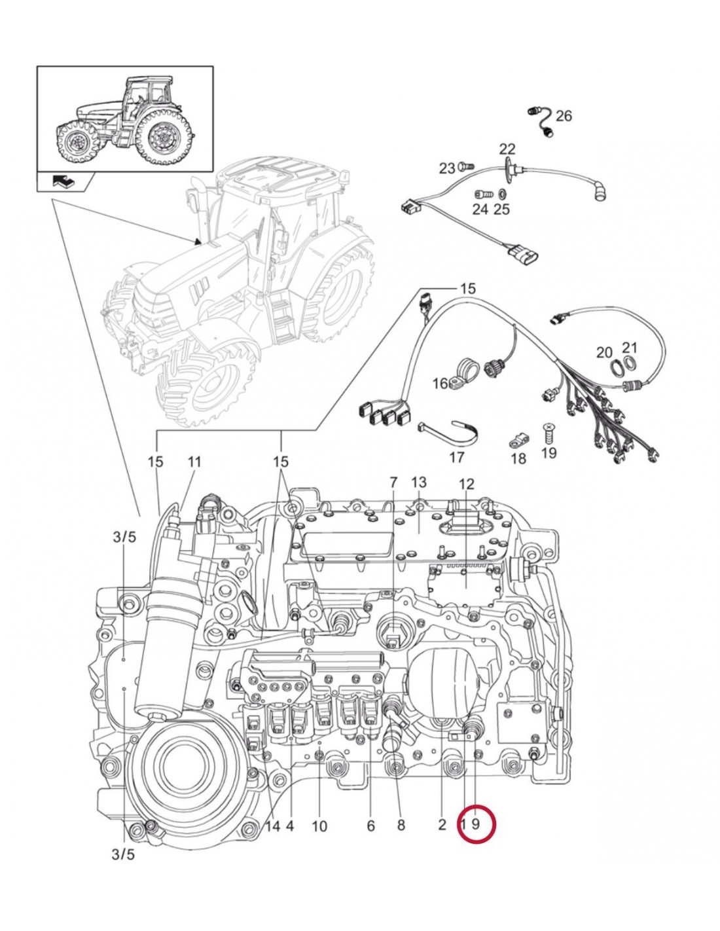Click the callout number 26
pyautogui.click(x=564, y=116)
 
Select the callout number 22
pyautogui.click(x=508, y=149)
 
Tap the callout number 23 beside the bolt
pyautogui.click(x=447, y=169)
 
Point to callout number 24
pyautogui.click(x=480, y=210)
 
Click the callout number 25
pyautogui.click(x=501, y=210)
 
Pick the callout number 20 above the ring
pyautogui.click(x=605, y=353)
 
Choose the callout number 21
pyautogui.click(x=629, y=348)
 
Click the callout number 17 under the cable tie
pyautogui.click(x=456, y=456)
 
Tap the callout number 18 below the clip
pyautogui.click(x=518, y=459)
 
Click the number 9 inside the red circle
pyautogui.click(x=476, y=824)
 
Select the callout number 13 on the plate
pyautogui.click(x=419, y=483)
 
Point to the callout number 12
pyautogui.click(x=466, y=484)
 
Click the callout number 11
pyautogui.click(x=194, y=462)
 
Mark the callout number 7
pyautogui.click(x=393, y=483)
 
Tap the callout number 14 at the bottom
pyautogui.click(x=272, y=826)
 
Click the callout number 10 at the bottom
pyautogui.click(x=319, y=826)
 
